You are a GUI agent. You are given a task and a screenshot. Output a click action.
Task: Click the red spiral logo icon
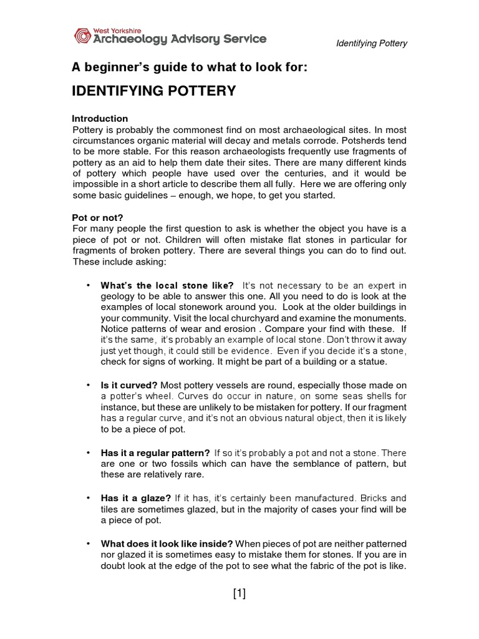pos(83,36)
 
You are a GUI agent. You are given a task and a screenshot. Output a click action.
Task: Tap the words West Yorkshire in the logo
pos(117,29)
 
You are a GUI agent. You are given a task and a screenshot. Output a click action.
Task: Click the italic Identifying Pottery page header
pos(371,44)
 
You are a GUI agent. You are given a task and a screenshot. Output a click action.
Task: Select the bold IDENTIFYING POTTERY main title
pos(154,91)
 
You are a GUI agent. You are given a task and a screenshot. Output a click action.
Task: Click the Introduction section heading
pos(100,119)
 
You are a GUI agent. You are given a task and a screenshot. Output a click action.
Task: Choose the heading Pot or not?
pos(97,218)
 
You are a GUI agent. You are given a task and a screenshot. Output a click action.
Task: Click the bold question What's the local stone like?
pos(167,286)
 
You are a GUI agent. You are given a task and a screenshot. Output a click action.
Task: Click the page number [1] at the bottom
pos(239,594)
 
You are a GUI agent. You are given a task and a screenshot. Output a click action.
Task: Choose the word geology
pos(119,296)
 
